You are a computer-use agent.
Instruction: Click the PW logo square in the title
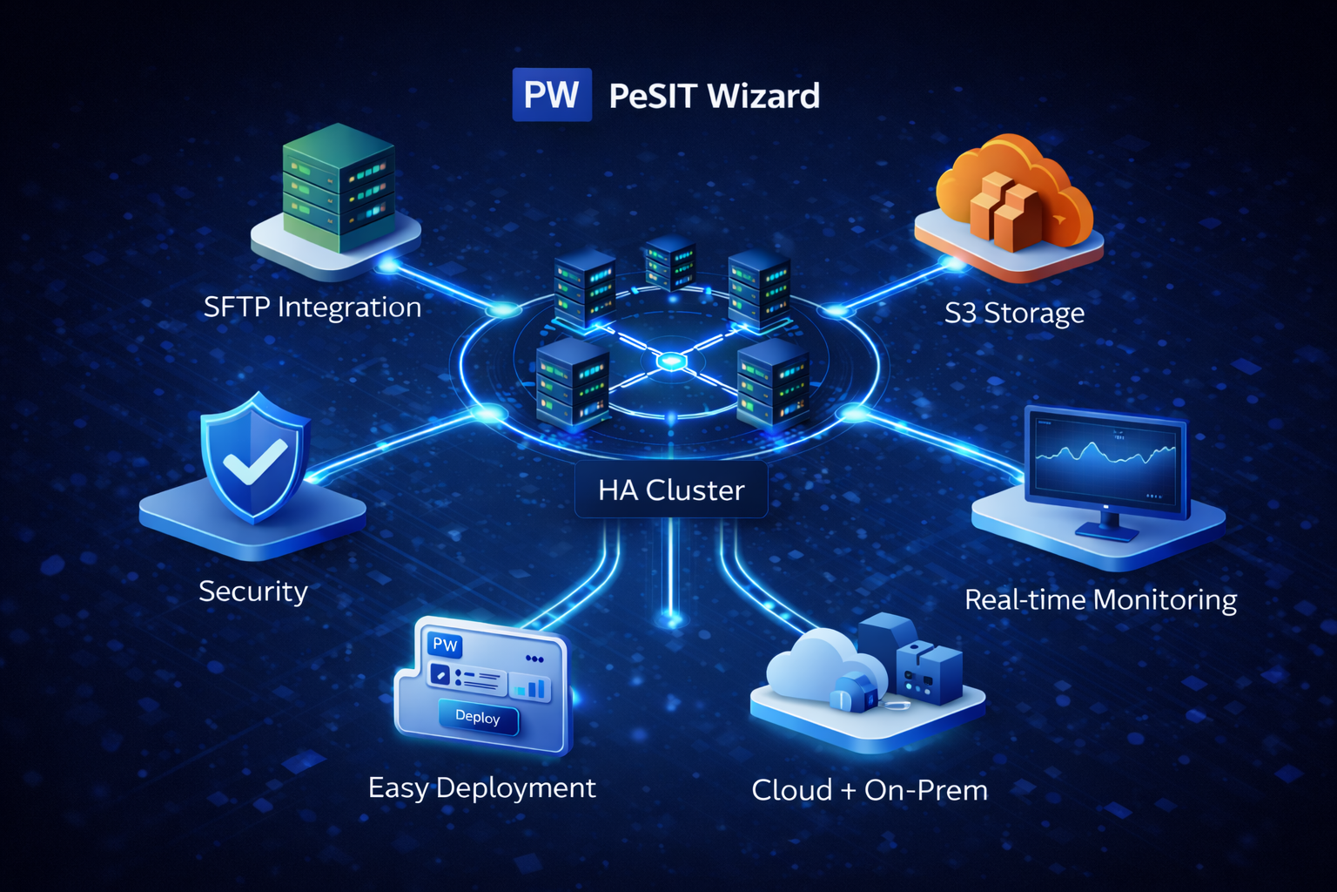pyautogui.click(x=552, y=94)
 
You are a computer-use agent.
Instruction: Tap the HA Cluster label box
pyautogui.click(x=671, y=490)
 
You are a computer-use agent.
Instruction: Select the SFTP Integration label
pyautogui.click(x=312, y=307)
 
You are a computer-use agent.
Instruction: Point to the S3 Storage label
pyautogui.click(x=1014, y=313)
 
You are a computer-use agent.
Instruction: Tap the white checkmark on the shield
pyautogui.click(x=254, y=461)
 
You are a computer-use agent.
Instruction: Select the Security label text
pyautogui.click(x=253, y=591)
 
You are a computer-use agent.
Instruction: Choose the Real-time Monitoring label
pyautogui.click(x=1100, y=600)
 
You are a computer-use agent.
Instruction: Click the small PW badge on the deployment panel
pyautogui.click(x=446, y=645)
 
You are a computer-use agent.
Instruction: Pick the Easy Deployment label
pyautogui.click(x=481, y=788)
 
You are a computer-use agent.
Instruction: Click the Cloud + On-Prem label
pyautogui.click(x=870, y=791)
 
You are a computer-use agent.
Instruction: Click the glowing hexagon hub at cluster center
pyautogui.click(x=670, y=360)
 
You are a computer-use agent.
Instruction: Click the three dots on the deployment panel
pyautogui.click(x=534, y=659)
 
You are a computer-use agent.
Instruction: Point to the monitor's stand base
pyautogui.click(x=1106, y=530)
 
